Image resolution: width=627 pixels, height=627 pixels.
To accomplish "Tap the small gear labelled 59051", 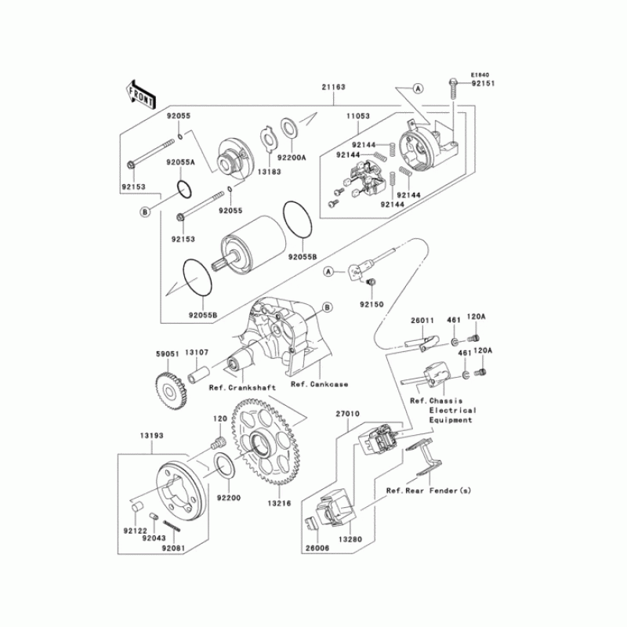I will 167,386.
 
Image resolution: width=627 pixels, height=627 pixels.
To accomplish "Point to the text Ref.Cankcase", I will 319,384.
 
